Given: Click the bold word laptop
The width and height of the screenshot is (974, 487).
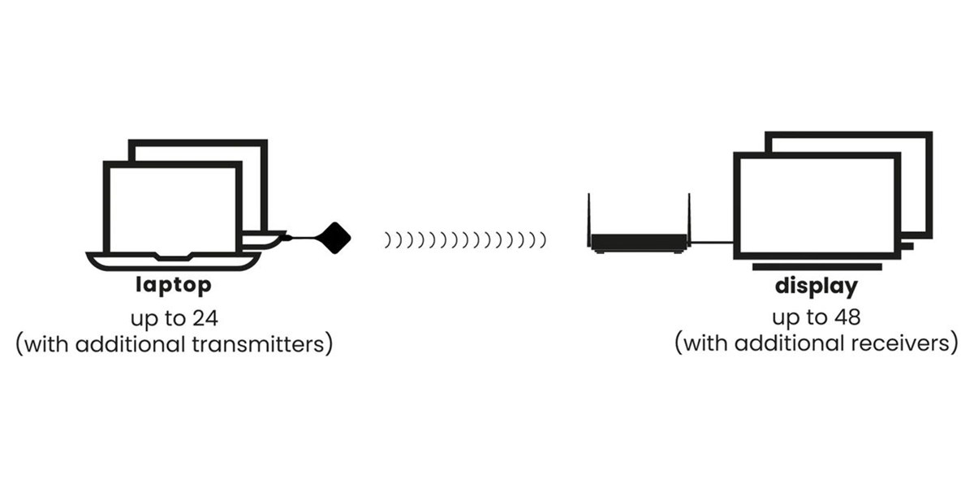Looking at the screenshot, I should point(173,286).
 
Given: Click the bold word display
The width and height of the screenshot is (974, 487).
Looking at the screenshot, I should point(816,287).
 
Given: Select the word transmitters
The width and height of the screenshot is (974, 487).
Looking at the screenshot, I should point(262,343).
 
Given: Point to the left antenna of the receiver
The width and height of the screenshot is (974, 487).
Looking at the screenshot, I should point(590,215).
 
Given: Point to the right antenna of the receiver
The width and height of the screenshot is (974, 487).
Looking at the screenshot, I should point(688,215).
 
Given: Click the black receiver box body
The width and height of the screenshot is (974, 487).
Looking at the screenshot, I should point(639,242).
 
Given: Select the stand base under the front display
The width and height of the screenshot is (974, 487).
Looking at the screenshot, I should point(816,266).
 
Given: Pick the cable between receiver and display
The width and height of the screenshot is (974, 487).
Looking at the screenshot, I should point(712,242).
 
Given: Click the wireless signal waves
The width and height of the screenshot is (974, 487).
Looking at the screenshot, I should point(464,239).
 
